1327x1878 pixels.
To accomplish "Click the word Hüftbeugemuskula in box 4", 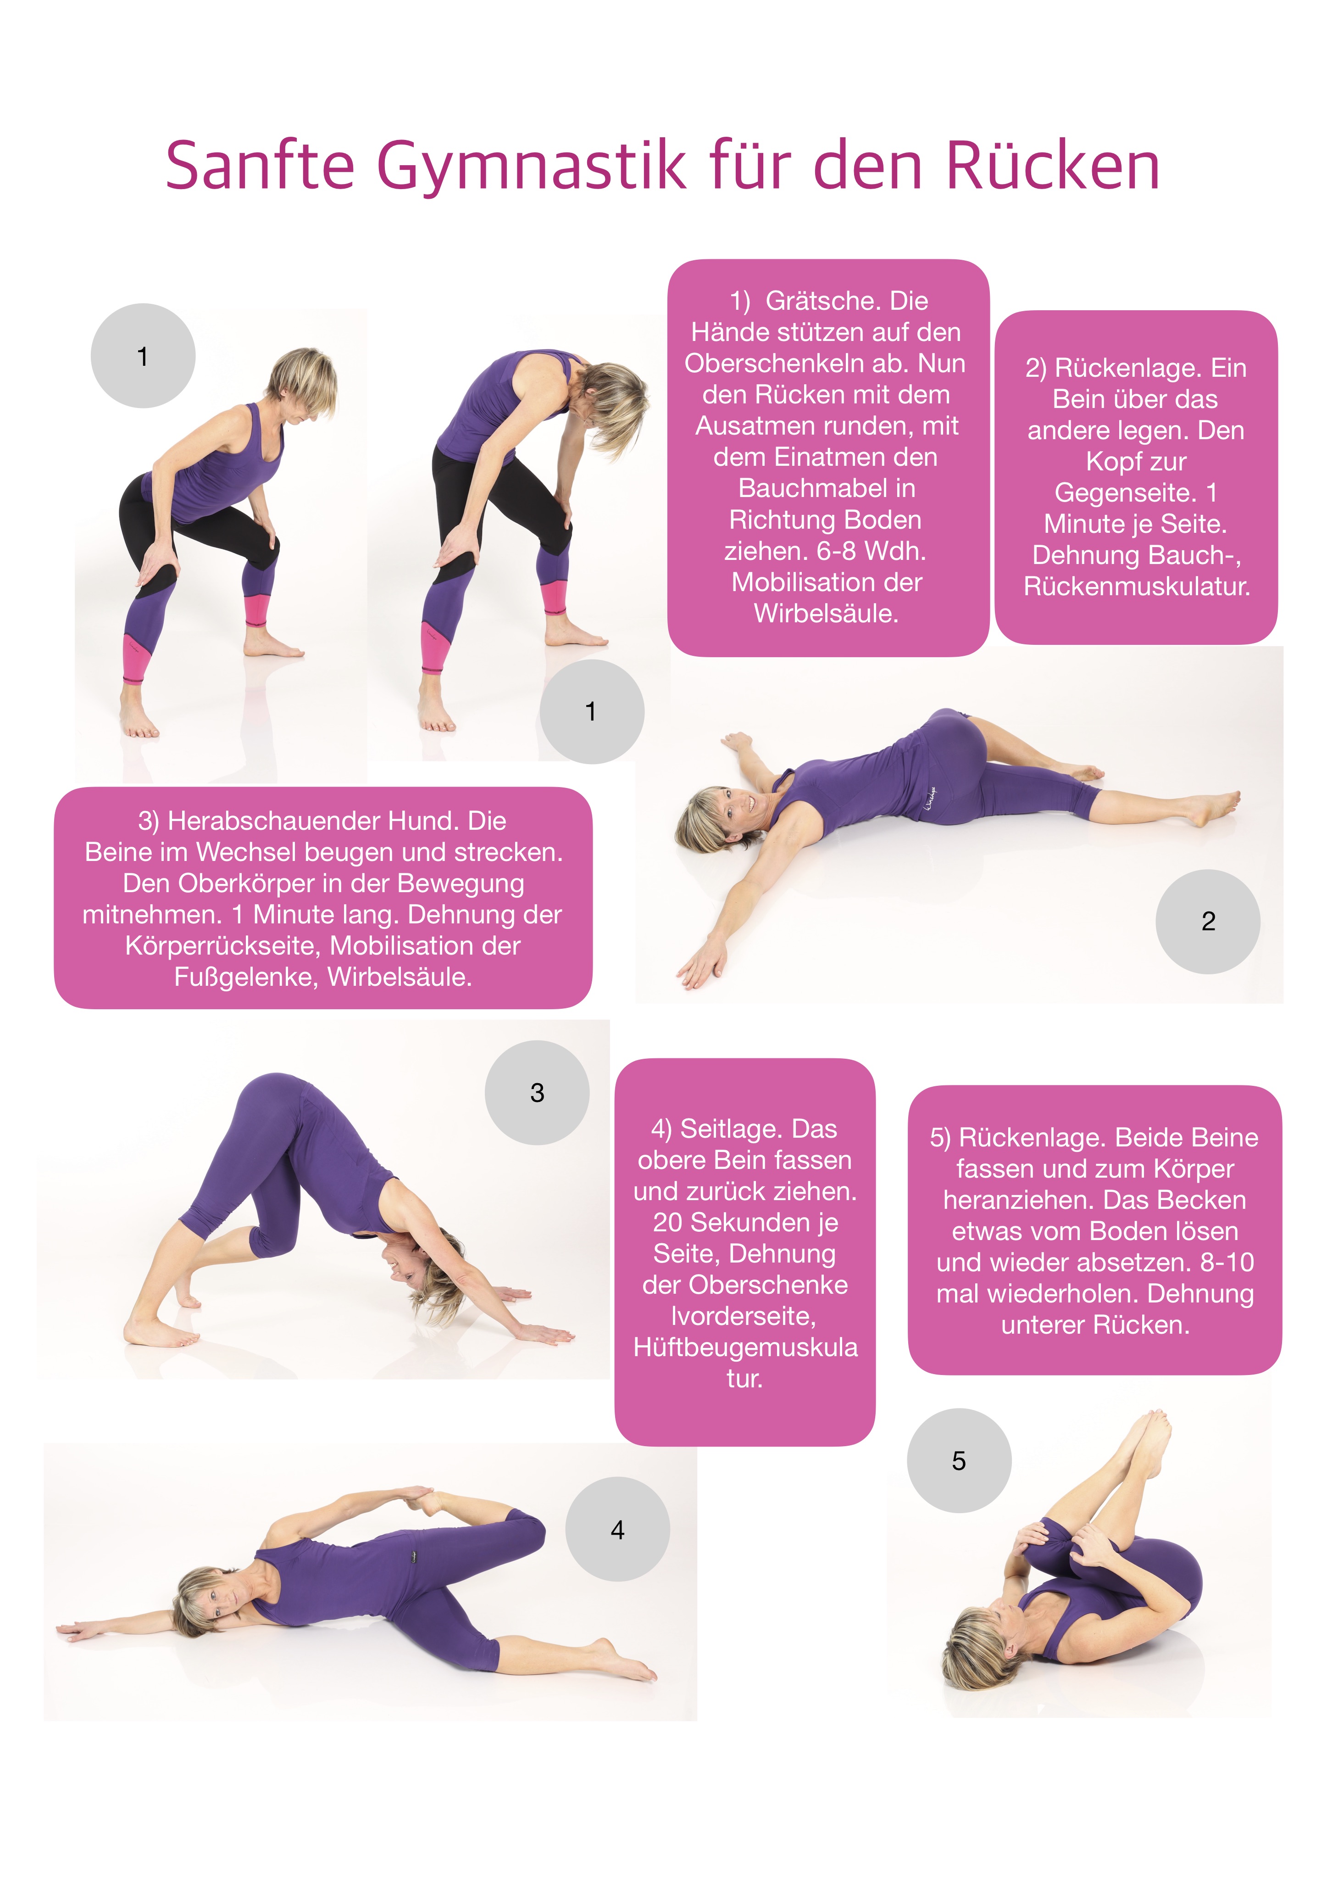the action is (x=745, y=1347).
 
